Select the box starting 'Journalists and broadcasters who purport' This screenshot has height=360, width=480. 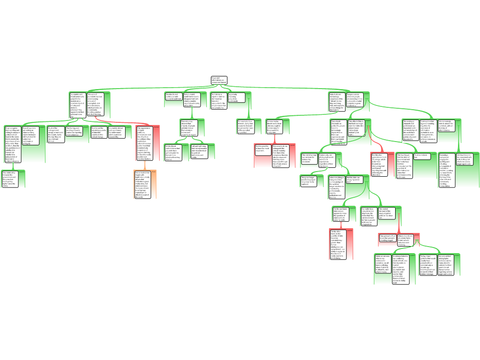78,104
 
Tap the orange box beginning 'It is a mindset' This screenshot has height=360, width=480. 143,184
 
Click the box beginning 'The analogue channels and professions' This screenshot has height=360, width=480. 411,130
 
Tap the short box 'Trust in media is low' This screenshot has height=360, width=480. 422,156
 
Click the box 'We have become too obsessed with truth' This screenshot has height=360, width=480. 465,159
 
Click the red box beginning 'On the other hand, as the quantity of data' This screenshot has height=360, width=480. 339,244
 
